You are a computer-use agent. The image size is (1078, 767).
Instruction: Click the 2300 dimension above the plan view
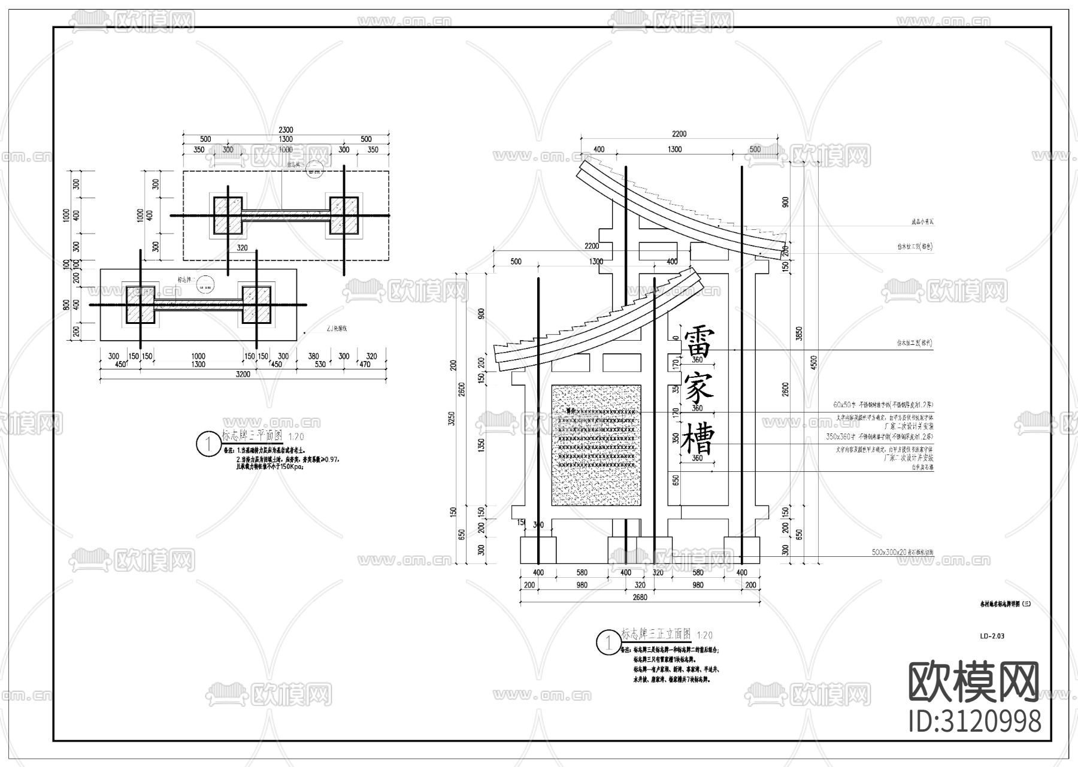point(285,130)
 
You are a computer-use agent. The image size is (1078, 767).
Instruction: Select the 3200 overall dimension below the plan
point(243,374)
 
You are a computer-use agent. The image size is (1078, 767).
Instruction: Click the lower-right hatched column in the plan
point(256,305)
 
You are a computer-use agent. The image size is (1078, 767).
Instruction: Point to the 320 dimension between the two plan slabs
point(242,247)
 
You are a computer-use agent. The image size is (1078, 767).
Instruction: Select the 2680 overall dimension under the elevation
point(639,597)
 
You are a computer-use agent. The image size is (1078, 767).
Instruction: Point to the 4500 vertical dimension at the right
point(813,363)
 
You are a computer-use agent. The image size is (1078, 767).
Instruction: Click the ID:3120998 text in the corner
point(974,722)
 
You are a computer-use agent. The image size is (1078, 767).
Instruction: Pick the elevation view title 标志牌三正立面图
point(656,633)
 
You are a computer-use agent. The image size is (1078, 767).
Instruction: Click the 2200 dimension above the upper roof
point(679,134)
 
